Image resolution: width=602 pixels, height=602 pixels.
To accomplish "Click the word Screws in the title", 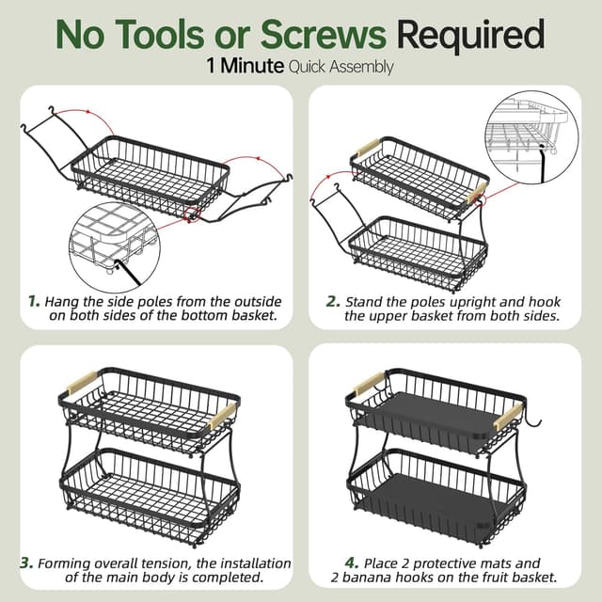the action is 324,34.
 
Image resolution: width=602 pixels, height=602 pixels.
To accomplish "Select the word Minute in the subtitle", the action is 252,66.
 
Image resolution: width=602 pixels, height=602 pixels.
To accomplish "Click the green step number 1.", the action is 34,301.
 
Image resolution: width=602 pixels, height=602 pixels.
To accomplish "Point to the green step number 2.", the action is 333,301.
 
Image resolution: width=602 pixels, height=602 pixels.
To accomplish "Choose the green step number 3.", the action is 27,563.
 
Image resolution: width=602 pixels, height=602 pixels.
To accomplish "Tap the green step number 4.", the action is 352,563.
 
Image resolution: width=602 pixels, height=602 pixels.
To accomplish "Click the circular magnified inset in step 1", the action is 115,247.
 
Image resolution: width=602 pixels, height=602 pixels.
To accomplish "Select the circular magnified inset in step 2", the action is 531,137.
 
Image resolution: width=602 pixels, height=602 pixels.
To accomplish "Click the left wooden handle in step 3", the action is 82,383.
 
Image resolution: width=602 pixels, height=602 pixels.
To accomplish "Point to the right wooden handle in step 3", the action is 222,416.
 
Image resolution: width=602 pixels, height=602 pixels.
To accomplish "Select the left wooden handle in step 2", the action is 369,149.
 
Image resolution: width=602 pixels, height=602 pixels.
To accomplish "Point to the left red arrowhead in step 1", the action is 88,112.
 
